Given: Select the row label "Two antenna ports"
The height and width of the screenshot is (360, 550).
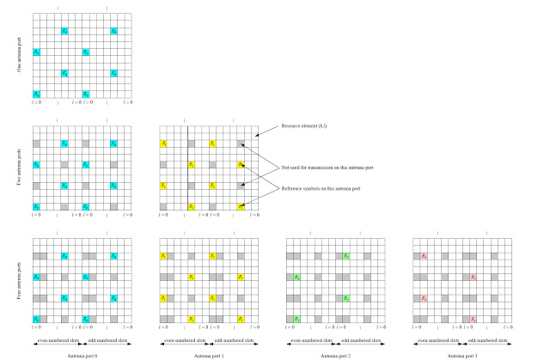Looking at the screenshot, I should click(20, 168).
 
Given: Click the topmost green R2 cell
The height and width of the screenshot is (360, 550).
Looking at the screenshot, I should click(346, 256).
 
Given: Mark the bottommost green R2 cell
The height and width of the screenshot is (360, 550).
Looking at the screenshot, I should click(296, 319).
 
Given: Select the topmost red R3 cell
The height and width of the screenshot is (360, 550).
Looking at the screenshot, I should click(424, 256).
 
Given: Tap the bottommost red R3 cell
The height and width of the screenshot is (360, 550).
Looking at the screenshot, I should click(474, 319).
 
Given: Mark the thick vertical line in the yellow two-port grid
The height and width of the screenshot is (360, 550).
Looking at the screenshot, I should click(188, 168).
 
